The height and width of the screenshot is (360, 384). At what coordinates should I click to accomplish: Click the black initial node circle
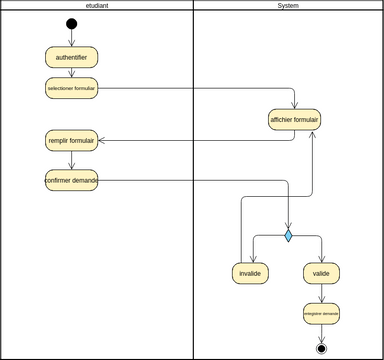(71, 24)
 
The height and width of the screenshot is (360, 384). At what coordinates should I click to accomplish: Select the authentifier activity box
(71, 57)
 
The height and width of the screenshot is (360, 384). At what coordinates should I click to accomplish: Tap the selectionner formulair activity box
(71, 88)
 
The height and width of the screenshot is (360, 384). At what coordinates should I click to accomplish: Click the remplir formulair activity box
(71, 141)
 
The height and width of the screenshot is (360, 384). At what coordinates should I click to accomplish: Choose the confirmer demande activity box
(71, 181)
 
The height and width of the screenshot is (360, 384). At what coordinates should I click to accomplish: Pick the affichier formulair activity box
(295, 120)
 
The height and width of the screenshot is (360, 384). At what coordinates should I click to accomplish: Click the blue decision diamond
(288, 236)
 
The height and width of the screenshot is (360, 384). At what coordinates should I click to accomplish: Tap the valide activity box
(321, 273)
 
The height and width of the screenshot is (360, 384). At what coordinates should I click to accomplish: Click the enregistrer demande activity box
(321, 313)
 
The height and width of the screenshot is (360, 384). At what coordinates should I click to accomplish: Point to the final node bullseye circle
(321, 348)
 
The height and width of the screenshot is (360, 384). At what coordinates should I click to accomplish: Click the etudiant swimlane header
(97, 6)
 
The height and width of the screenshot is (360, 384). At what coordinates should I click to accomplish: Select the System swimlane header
(288, 6)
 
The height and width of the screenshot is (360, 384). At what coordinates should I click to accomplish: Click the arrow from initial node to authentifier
(71, 38)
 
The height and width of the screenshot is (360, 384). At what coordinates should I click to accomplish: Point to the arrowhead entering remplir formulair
(101, 141)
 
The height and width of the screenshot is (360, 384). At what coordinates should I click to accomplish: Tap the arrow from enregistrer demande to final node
(321, 333)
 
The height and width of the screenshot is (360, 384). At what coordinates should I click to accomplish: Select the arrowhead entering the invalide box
(254, 258)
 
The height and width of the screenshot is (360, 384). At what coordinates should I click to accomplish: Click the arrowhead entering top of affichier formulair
(295, 104)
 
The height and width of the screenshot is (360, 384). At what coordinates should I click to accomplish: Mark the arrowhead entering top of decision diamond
(288, 226)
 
